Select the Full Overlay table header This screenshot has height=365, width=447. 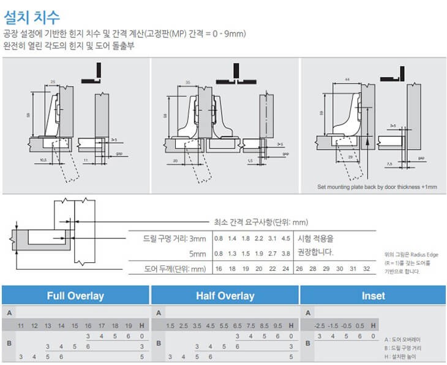click(x=75, y=296)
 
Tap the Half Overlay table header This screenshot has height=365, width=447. click(x=225, y=296)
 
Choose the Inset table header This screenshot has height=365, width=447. click(x=373, y=296)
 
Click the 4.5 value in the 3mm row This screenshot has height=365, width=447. click(x=285, y=238)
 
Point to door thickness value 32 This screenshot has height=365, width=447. click(x=366, y=268)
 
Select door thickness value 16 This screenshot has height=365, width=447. click(x=218, y=268)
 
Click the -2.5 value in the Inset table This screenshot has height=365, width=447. click(x=320, y=325)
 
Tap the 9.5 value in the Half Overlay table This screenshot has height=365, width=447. click(x=278, y=325)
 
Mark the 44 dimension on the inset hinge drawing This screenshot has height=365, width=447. click(x=347, y=81)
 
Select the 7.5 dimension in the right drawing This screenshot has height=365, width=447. click(x=389, y=164)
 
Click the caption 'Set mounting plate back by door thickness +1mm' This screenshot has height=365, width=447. click(x=377, y=186)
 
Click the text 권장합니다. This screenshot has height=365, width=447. click(x=314, y=252)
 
